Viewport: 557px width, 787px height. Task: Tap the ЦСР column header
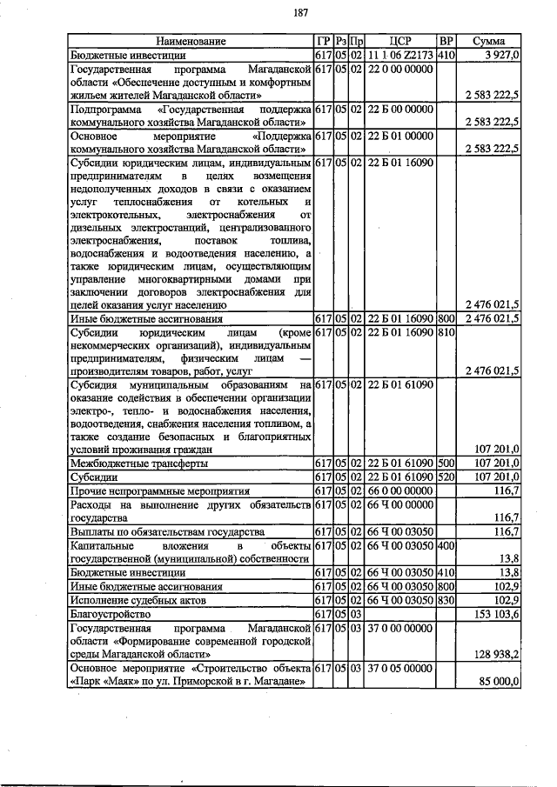(x=400, y=41)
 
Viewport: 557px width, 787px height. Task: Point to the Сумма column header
(x=490, y=41)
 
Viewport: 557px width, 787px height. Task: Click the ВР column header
(x=446, y=41)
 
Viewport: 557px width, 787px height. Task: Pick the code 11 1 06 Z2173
(x=400, y=54)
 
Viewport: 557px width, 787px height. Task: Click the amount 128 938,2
(x=496, y=651)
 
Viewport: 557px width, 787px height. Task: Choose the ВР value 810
(x=446, y=331)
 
